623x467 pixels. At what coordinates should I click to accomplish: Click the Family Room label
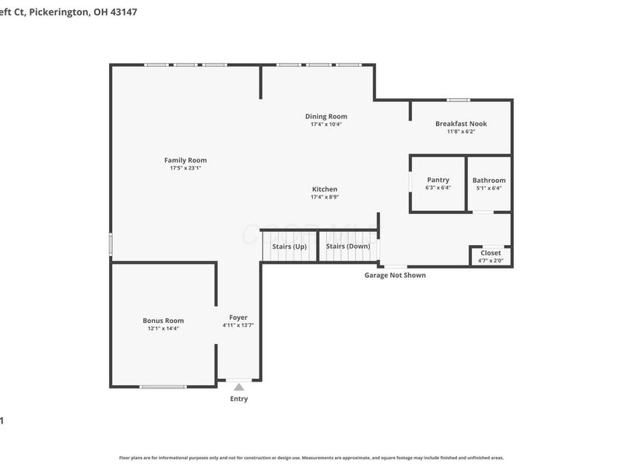pos(185,160)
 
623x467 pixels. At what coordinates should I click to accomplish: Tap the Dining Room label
pos(326,117)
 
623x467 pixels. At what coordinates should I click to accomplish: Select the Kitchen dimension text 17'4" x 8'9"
pos(325,197)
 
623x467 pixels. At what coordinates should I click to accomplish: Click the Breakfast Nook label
pos(461,124)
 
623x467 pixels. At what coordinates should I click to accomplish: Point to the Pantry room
pos(438,184)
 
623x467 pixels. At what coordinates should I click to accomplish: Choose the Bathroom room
pos(489,184)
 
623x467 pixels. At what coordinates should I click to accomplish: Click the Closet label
pos(491,253)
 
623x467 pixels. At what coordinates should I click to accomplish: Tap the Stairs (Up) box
pos(289,247)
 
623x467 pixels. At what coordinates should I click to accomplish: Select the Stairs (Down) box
pos(348,247)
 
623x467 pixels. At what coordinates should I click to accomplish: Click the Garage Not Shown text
pos(395,275)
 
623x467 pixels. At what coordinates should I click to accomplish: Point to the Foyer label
pos(238,318)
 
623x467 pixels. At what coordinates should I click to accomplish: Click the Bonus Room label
pos(164,321)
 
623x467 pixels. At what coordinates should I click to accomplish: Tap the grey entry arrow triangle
pos(239,387)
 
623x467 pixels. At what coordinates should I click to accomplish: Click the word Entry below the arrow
pos(239,399)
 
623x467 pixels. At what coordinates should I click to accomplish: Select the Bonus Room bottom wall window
pos(163,386)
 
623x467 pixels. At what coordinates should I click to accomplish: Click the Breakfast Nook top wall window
pos(458,100)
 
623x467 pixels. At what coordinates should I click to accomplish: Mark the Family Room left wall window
pos(111,244)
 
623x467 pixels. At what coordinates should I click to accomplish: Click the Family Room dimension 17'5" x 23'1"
pos(185,168)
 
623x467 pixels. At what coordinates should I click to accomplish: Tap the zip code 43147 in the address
pos(123,12)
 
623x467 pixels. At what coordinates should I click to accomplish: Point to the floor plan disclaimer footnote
pos(311,458)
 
